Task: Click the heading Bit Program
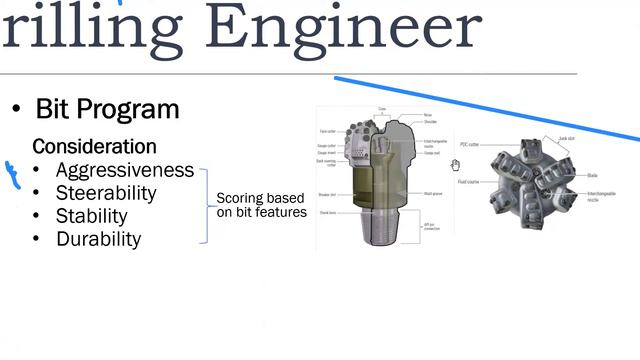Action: [107, 109]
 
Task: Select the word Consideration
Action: [94, 146]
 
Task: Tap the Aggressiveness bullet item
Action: [125, 170]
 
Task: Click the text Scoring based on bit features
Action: [261, 204]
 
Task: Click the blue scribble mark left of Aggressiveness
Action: [14, 175]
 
